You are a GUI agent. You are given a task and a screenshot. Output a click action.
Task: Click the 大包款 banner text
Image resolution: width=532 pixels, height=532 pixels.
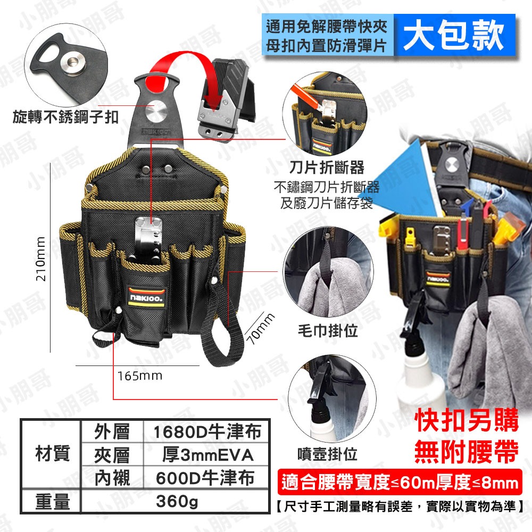point(454,35)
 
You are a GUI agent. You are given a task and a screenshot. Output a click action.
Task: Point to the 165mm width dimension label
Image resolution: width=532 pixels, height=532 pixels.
point(140,376)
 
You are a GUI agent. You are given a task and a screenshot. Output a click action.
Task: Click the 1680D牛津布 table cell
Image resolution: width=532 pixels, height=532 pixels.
point(207,431)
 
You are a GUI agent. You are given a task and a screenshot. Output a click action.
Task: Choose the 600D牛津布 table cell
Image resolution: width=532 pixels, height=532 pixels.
point(207,478)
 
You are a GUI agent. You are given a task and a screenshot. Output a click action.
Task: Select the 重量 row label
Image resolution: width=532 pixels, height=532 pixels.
point(52,501)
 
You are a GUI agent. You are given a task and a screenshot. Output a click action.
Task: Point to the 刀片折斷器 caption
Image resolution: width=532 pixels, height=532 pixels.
point(327,168)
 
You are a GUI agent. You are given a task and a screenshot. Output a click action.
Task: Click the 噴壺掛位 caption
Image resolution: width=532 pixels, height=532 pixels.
point(327,454)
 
